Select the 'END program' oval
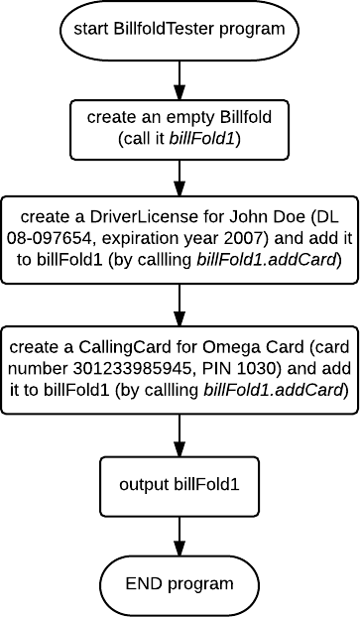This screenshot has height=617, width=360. coord(180,583)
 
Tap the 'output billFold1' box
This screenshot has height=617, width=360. coord(180,485)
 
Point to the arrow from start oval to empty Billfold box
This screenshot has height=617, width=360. coord(180,76)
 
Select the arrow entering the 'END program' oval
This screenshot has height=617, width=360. coord(180,535)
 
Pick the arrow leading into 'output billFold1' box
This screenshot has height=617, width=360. coord(180,434)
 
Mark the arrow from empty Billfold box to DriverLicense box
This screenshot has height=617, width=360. coord(180,175)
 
